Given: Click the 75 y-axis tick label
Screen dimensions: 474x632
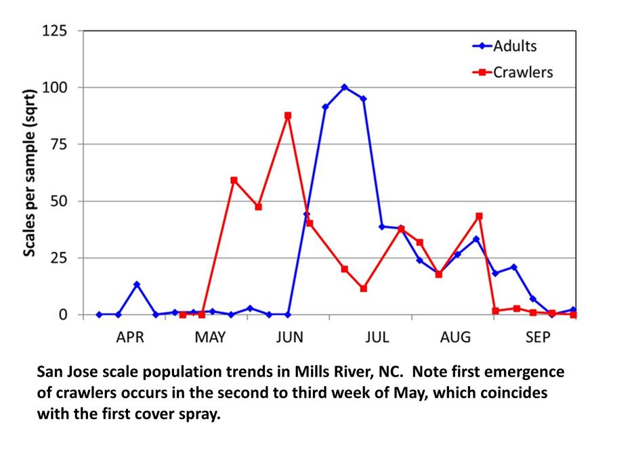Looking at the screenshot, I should (58, 144).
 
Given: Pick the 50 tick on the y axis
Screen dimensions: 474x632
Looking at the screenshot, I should (58, 201).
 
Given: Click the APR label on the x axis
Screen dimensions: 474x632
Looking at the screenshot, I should (130, 337).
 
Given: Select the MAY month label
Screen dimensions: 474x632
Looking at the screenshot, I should (211, 337).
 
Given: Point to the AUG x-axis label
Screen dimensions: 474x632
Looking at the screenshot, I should (455, 337).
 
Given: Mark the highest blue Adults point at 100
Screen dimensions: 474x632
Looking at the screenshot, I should (344, 87).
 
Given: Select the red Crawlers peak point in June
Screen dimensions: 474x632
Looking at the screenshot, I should (288, 116).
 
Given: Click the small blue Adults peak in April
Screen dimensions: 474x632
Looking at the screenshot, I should (137, 284).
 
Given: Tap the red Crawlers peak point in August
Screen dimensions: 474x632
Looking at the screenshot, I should (479, 216).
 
